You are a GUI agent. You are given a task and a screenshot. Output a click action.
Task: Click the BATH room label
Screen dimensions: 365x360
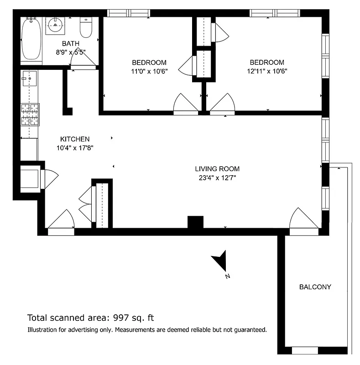pos(71,44)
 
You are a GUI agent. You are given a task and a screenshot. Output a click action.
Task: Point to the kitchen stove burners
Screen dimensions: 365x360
pos(30,115)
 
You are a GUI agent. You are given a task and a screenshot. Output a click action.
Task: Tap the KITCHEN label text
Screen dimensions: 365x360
pos(75,139)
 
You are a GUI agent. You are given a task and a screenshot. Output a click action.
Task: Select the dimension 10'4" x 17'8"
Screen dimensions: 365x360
pos(75,147)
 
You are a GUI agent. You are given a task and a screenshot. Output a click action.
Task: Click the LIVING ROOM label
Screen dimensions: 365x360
pos(217,169)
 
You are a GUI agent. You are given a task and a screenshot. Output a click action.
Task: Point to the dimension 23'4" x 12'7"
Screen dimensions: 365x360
pos(217,177)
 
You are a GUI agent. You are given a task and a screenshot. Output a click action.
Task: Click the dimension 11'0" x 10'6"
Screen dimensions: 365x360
pos(149,71)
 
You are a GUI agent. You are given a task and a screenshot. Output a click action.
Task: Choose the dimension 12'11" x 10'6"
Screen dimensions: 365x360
pos(266,71)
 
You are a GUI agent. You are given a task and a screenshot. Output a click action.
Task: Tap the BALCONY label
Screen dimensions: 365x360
pos(315,287)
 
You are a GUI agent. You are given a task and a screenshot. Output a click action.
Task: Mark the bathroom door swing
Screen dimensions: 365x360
pos(83,58)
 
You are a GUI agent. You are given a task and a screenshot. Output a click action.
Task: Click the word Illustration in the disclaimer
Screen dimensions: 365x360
pos(44,329)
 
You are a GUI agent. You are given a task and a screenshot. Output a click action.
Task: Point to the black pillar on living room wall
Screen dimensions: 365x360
pos(195,222)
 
